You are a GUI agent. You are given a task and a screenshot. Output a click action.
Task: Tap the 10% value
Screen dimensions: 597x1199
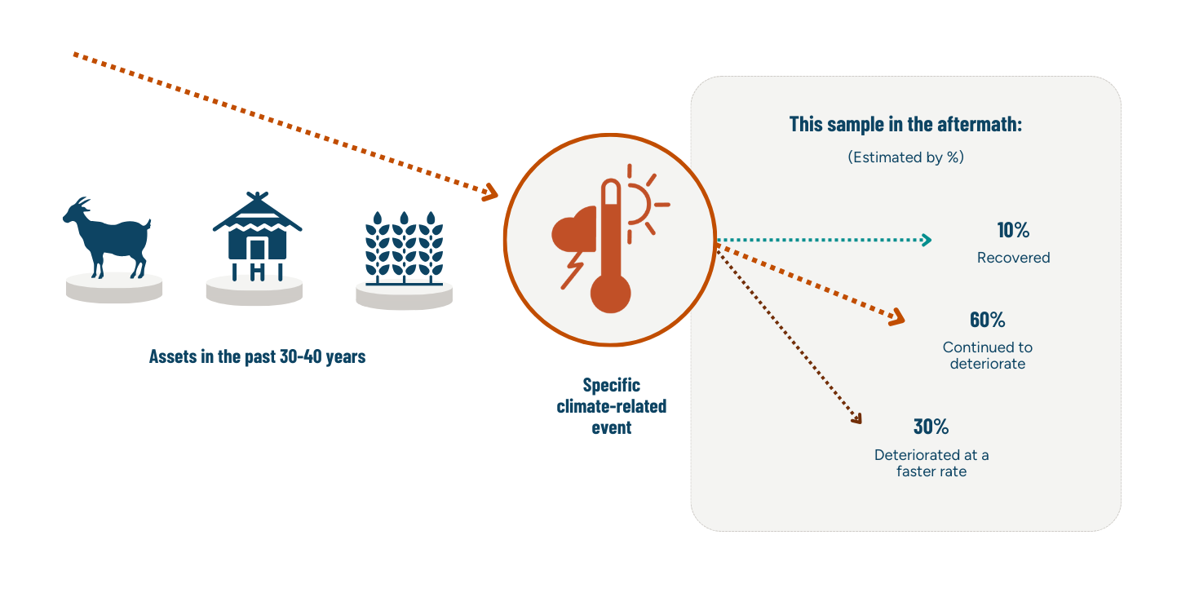[x=1013, y=231]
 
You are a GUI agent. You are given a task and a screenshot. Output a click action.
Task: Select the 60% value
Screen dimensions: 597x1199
[x=987, y=320]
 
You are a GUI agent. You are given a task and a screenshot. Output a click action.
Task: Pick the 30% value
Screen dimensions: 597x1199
[x=931, y=427]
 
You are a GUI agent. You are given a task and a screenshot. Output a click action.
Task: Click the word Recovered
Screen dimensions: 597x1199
[x=1013, y=258]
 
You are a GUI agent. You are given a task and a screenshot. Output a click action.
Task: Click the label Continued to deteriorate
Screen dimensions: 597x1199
[x=987, y=356]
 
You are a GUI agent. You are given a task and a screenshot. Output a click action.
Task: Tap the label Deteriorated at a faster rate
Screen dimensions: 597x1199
[x=931, y=463]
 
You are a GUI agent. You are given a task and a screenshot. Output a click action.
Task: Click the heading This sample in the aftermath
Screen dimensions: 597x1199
[x=905, y=125]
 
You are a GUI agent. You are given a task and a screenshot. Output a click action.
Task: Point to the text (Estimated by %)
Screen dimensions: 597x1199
[x=905, y=157]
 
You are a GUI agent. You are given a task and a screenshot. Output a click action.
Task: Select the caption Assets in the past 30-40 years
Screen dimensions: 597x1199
[x=257, y=356]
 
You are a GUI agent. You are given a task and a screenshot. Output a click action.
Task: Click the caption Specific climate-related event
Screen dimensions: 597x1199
[x=611, y=405]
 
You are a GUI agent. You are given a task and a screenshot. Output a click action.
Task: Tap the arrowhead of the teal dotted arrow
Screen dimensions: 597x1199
[x=926, y=240]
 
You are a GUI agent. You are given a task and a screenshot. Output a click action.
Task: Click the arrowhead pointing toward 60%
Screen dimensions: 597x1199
[x=898, y=317]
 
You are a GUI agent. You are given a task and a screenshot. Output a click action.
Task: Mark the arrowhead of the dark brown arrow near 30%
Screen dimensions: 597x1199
[x=856, y=419]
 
